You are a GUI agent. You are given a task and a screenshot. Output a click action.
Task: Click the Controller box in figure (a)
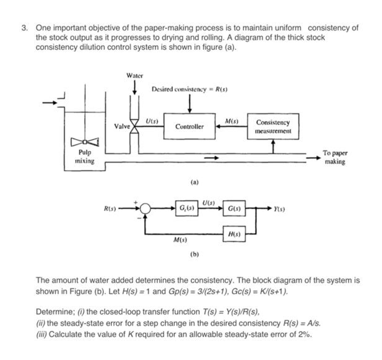[x=189, y=127]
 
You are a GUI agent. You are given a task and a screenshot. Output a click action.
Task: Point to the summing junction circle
[x=146, y=208]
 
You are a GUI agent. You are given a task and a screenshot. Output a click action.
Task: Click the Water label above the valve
[x=135, y=76]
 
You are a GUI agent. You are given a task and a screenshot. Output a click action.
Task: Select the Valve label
[x=122, y=126]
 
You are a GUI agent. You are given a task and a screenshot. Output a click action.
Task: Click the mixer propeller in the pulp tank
[x=85, y=141]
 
